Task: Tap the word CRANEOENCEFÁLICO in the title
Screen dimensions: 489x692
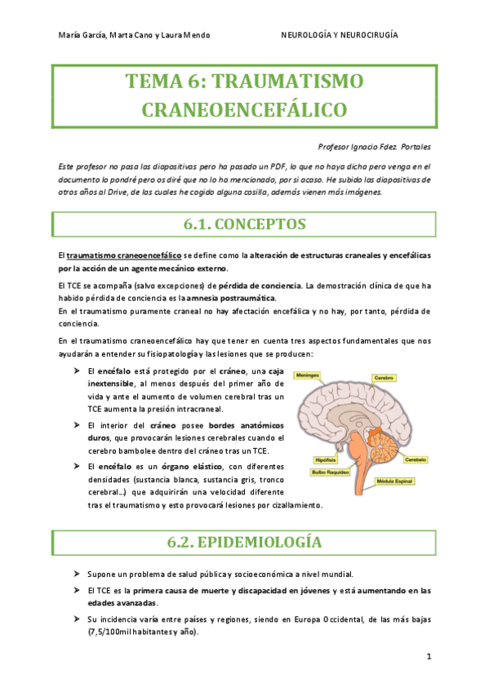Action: tap(244, 110)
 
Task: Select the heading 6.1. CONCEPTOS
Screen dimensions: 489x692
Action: tap(244, 224)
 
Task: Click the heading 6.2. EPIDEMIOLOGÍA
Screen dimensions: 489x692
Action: tap(244, 542)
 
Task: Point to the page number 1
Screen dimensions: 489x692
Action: tap(429, 655)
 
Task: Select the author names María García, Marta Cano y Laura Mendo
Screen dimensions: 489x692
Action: tap(135, 35)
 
